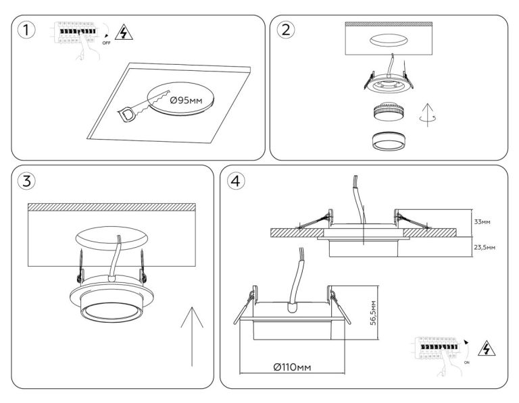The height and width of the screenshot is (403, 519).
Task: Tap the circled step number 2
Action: (x=287, y=30)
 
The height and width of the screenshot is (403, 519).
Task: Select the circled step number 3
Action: (x=26, y=182)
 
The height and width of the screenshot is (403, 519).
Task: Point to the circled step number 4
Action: (x=234, y=182)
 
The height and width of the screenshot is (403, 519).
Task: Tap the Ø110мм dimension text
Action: (x=293, y=367)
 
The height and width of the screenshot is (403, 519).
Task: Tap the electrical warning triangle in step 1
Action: (x=123, y=32)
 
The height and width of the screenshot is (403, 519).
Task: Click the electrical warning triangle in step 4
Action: (x=485, y=349)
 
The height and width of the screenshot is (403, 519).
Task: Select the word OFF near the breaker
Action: (x=105, y=43)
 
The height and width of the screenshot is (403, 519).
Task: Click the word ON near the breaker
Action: (x=466, y=362)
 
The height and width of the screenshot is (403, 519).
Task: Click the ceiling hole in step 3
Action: (x=111, y=238)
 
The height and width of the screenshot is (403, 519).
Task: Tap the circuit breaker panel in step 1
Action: (x=76, y=32)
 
